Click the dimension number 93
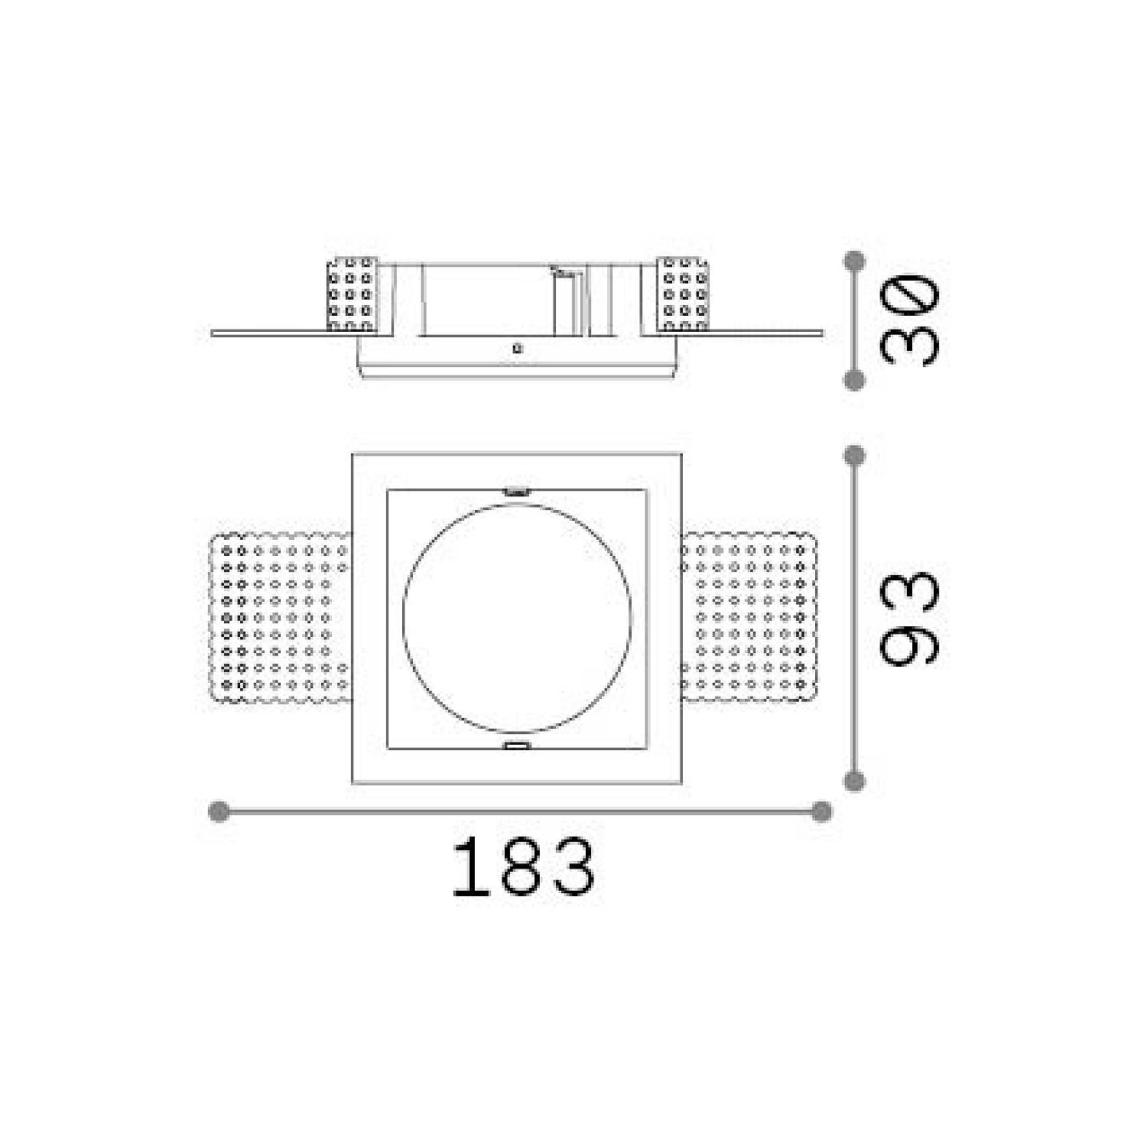[x=908, y=618]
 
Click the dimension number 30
[x=908, y=319]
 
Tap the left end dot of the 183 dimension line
[x=219, y=811]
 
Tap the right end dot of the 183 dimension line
[x=820, y=811]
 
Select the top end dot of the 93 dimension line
[x=854, y=456]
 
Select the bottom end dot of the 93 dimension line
[x=854, y=781]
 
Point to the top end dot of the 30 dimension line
[x=854, y=260]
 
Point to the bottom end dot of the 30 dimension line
[x=854, y=379]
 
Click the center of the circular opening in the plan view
[x=517, y=619]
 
